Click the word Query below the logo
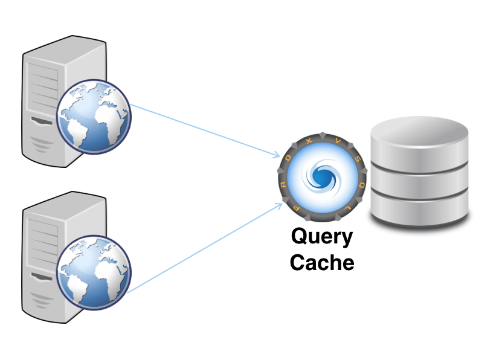(x=321, y=237)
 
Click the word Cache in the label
(x=321, y=263)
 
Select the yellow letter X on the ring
(x=310, y=140)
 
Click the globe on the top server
(x=93, y=115)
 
